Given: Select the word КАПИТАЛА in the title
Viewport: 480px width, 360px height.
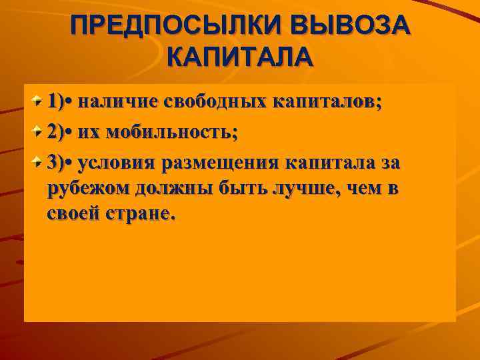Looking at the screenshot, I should [x=240, y=56].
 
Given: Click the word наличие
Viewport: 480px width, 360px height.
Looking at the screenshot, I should [x=117, y=101].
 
